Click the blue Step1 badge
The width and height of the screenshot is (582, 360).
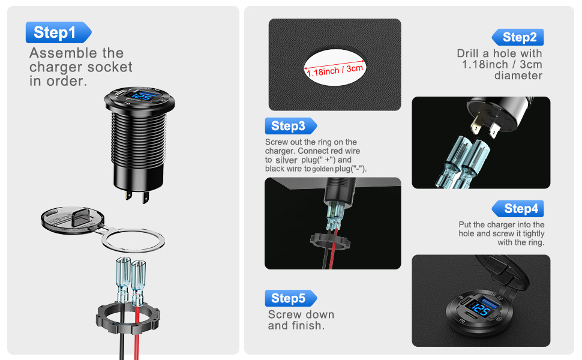(58, 32)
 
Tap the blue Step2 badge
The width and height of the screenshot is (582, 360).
(518, 37)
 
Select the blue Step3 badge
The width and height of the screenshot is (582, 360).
(291, 126)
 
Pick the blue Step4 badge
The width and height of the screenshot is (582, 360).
(518, 209)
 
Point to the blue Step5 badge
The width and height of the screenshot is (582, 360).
(291, 298)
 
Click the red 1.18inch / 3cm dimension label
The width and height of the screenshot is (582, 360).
(335, 70)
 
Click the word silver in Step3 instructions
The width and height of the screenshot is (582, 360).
(286, 160)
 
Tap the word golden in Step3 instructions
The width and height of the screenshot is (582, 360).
(323, 169)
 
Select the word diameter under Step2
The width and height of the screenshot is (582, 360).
(518, 76)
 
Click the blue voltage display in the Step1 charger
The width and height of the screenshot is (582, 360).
(142, 97)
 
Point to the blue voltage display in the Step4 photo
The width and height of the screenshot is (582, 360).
(481, 308)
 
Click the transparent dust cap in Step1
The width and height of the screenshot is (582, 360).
(73, 220)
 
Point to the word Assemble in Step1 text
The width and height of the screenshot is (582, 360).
(64, 53)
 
